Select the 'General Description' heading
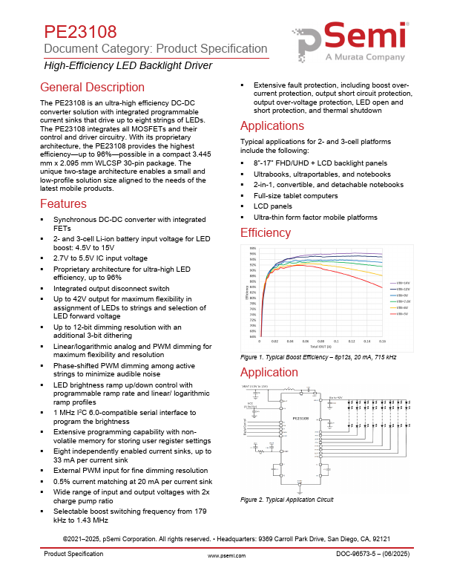[x=93, y=87]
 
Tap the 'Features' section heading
[x=64, y=203]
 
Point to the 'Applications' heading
[x=272, y=125]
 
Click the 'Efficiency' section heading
[x=266, y=233]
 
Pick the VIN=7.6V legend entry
[x=403, y=301]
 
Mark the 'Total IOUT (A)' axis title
[x=320, y=347]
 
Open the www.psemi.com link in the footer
[x=226, y=575]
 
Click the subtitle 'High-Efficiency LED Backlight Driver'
[x=128, y=65]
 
